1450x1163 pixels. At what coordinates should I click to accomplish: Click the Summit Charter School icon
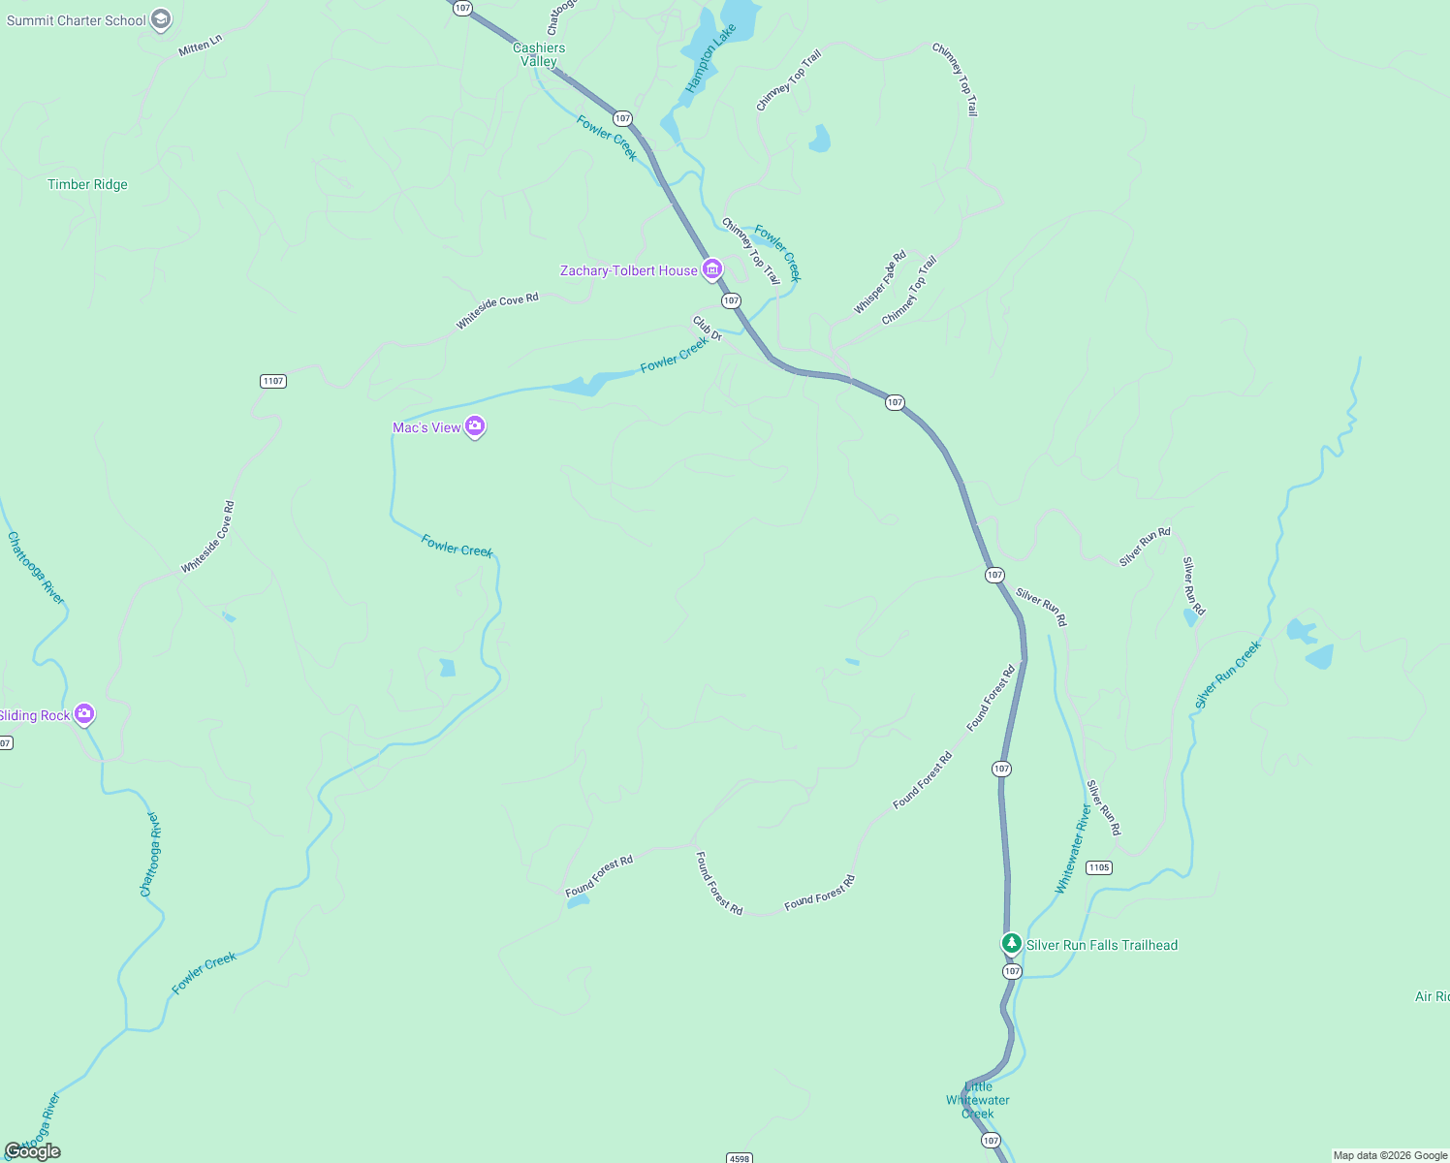click(x=162, y=19)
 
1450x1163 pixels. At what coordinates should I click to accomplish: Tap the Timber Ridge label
click(x=87, y=184)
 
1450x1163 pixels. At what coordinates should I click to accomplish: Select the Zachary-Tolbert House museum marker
click(x=712, y=269)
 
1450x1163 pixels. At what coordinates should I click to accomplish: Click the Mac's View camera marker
click(x=475, y=426)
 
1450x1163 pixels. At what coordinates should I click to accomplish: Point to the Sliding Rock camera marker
click(x=84, y=714)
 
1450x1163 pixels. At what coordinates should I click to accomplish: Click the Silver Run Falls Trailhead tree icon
click(x=1012, y=943)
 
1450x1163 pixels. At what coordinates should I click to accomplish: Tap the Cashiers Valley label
click(x=539, y=54)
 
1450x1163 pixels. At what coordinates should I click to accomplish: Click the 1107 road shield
click(x=273, y=381)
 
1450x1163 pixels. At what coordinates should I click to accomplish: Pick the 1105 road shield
click(x=1098, y=867)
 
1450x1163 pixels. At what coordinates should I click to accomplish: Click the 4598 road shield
click(x=739, y=1158)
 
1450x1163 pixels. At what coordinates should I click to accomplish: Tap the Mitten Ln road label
click(x=201, y=46)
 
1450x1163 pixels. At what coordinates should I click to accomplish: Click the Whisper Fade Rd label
click(x=880, y=283)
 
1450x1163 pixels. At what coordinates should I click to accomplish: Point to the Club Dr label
click(x=708, y=329)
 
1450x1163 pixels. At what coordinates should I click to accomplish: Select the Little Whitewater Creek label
click(x=978, y=1100)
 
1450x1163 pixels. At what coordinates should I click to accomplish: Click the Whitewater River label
click(x=1073, y=850)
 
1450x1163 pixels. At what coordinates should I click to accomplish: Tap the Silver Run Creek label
click(x=1228, y=675)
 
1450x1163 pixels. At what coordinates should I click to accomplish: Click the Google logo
click(x=33, y=1151)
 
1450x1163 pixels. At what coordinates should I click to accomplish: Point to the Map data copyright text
click(x=1390, y=1155)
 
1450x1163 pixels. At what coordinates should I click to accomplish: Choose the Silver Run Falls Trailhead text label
click(x=1102, y=945)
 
